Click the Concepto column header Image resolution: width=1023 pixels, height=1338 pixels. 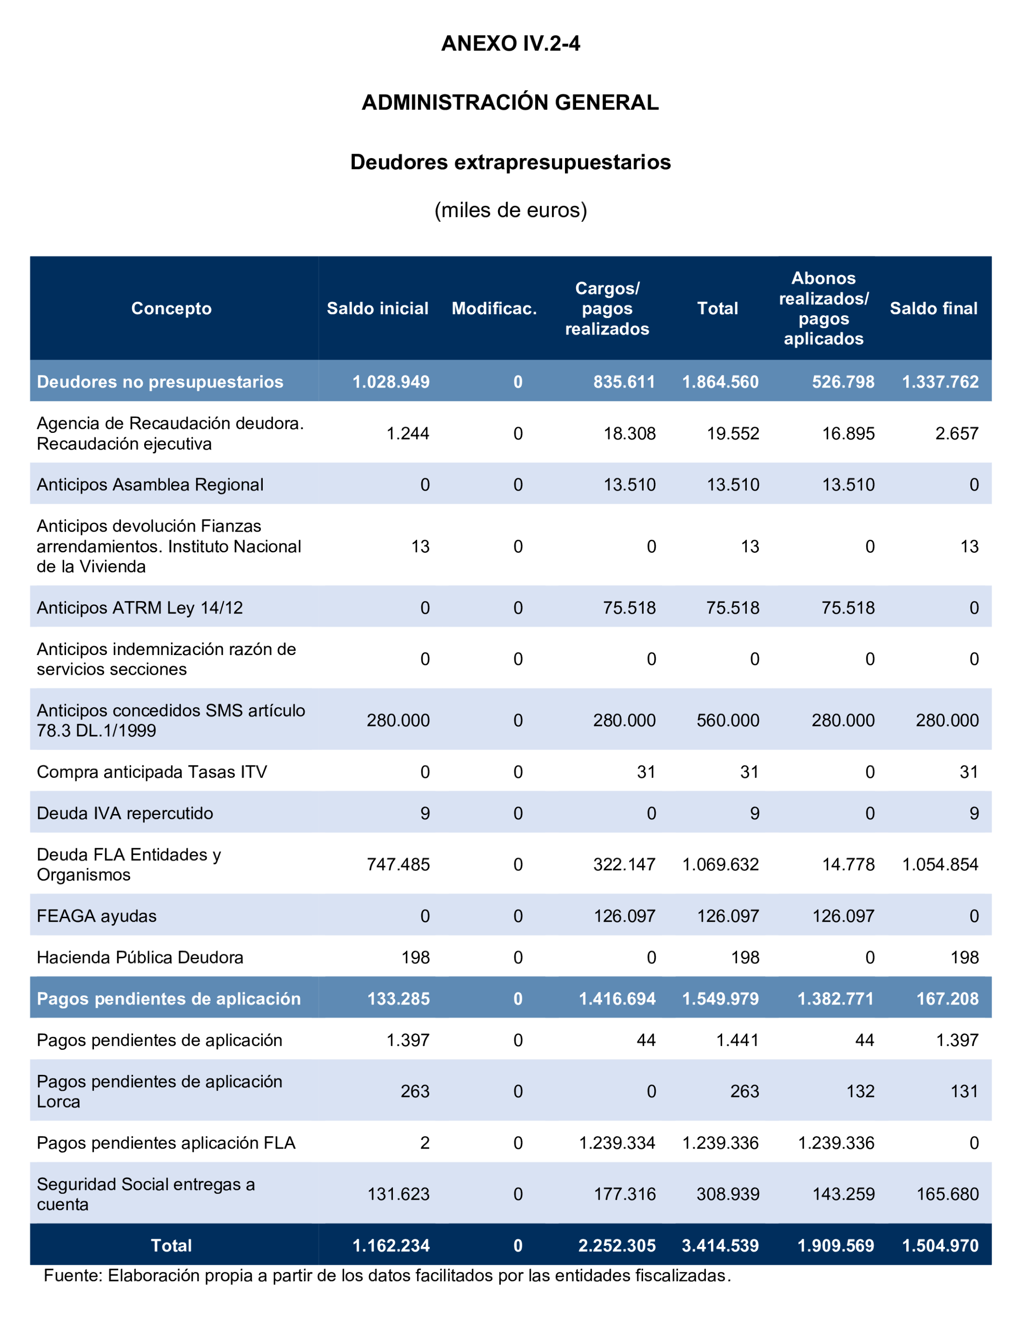coord(171,308)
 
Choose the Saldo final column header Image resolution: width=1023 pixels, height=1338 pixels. coord(933,308)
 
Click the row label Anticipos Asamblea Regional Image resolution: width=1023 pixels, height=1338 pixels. coord(150,484)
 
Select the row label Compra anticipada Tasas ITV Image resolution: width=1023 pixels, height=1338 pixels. coord(152,772)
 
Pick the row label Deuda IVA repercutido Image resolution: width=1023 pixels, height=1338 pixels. coord(125,813)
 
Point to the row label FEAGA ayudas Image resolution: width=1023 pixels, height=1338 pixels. coord(96,916)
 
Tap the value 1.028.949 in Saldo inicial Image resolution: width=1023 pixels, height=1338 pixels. coord(391,382)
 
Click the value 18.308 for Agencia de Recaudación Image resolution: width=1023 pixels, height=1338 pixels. coord(629,433)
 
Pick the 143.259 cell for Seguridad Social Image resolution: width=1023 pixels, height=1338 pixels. coord(843,1194)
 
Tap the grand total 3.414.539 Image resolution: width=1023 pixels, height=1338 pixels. coord(720,1245)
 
